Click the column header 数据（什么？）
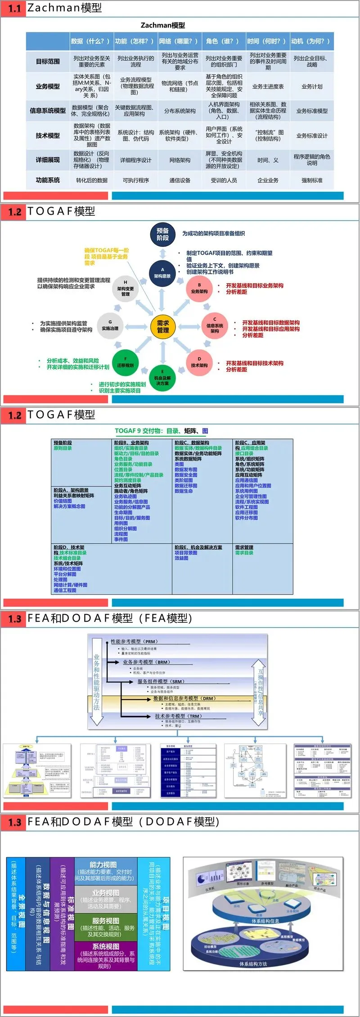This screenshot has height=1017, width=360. tap(90, 41)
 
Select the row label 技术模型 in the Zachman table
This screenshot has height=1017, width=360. tap(48, 136)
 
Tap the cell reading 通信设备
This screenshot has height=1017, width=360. tap(180, 180)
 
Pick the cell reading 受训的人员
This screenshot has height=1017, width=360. tap(224, 180)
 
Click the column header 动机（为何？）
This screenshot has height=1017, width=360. tap(311, 41)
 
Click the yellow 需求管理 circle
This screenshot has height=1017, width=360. tap(163, 326)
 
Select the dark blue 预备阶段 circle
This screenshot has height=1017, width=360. tap(162, 235)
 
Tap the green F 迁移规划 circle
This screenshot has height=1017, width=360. tap(125, 362)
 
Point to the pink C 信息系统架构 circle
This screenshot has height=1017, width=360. tap(215, 325)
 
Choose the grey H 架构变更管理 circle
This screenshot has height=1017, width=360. tap(126, 289)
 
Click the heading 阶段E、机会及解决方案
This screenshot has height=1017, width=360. tap(198, 547)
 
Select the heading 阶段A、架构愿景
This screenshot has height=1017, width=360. tap(71, 490)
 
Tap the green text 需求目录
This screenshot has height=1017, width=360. tap(244, 553)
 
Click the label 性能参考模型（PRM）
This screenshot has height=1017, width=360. tap(134, 642)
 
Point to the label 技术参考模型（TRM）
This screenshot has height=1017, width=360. tap(178, 716)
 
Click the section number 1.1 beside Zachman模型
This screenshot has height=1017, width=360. tap(14, 9)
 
